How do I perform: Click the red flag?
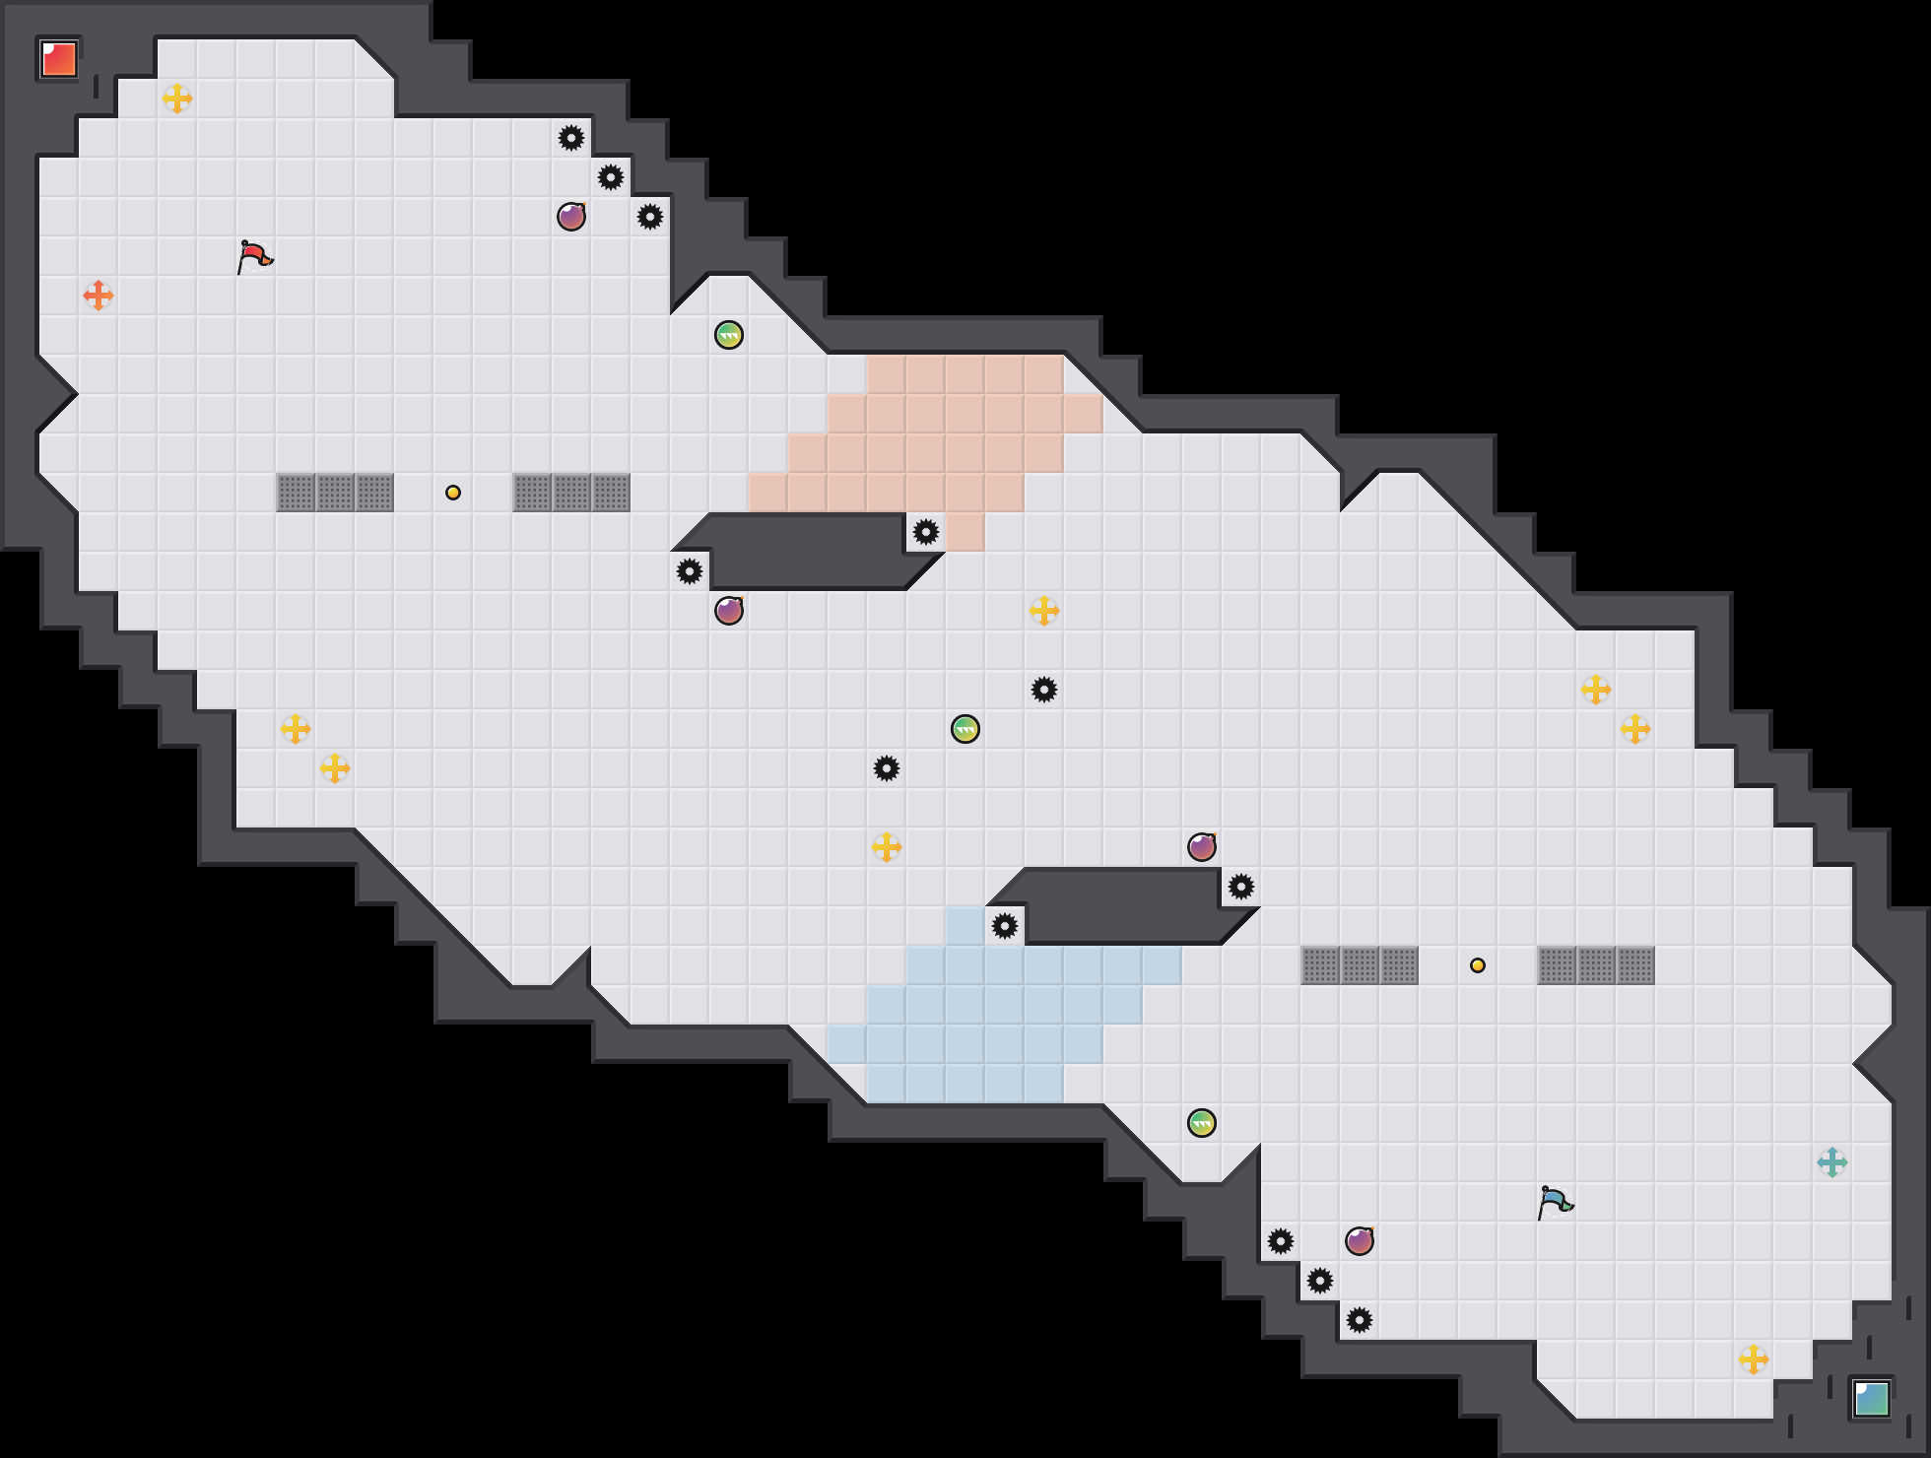tap(254, 256)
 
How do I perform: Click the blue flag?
tap(1555, 1202)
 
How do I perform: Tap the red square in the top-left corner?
tap(59, 59)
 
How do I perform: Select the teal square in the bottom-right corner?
tap(1871, 1398)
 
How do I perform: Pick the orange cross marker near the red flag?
tap(99, 295)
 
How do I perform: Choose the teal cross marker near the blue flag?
tap(1831, 1162)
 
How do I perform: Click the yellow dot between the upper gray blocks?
tap(453, 493)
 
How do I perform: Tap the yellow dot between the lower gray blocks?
tap(1478, 965)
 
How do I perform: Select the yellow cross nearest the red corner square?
tap(177, 99)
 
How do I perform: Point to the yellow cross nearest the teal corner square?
tap(1754, 1359)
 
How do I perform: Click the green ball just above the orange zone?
tap(729, 335)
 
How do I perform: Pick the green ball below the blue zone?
tap(1202, 1123)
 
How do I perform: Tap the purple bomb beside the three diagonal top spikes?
tap(571, 217)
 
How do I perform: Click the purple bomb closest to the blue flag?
tap(1360, 1241)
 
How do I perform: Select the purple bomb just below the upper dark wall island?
tap(729, 611)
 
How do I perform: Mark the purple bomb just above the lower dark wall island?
tap(1202, 847)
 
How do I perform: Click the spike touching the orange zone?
tap(926, 532)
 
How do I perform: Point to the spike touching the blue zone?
tap(1005, 926)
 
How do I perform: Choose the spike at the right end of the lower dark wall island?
tap(1241, 887)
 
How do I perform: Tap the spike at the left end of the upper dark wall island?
tap(690, 571)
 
